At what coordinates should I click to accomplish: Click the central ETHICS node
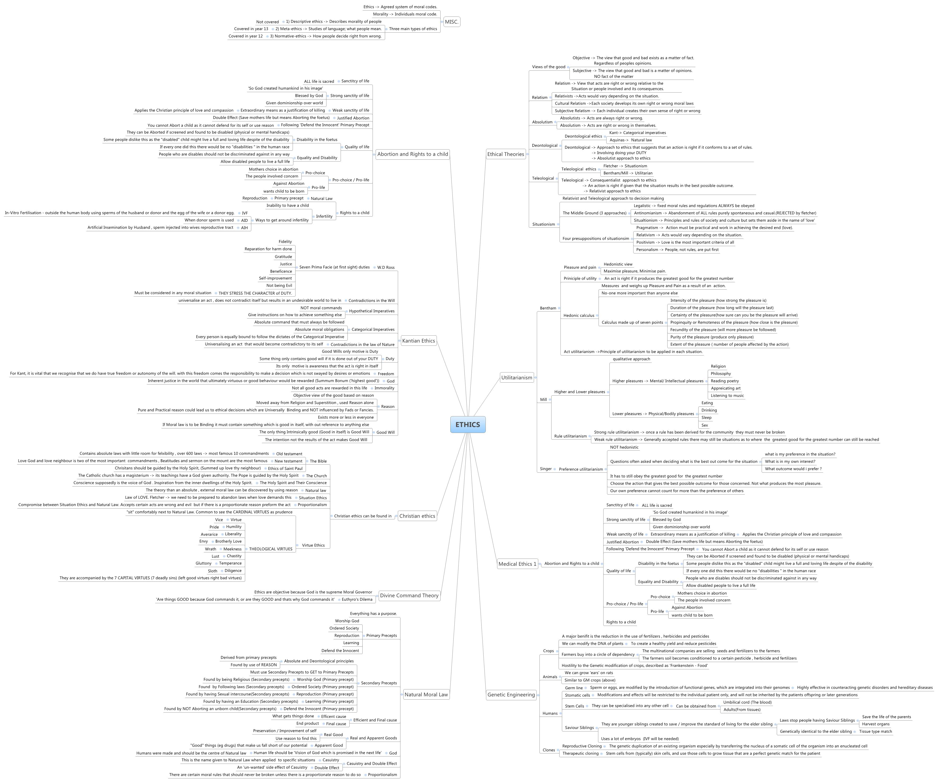pyautogui.click(x=468, y=424)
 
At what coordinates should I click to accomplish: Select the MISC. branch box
pyautogui.click(x=452, y=21)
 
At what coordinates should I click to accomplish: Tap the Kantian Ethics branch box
pyautogui.click(x=418, y=341)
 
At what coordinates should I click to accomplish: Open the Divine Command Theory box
pyautogui.click(x=409, y=595)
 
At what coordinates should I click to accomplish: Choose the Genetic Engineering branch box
pyautogui.click(x=511, y=695)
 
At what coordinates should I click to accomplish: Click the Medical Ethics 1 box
pyautogui.click(x=517, y=564)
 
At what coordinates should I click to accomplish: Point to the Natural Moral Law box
pyautogui.click(x=426, y=695)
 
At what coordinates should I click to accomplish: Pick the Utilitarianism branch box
pyautogui.click(x=517, y=378)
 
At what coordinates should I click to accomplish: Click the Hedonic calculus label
pyautogui.click(x=579, y=316)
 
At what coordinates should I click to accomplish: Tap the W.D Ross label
pyautogui.click(x=386, y=267)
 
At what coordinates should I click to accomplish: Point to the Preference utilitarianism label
pyautogui.click(x=581, y=469)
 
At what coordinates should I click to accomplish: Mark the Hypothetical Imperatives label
pyautogui.click(x=372, y=311)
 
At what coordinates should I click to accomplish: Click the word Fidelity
pyautogui.click(x=285, y=241)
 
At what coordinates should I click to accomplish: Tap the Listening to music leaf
pyautogui.click(x=727, y=395)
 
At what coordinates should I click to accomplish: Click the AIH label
pyautogui.click(x=244, y=228)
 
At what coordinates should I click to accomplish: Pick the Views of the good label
pyautogui.click(x=548, y=67)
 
